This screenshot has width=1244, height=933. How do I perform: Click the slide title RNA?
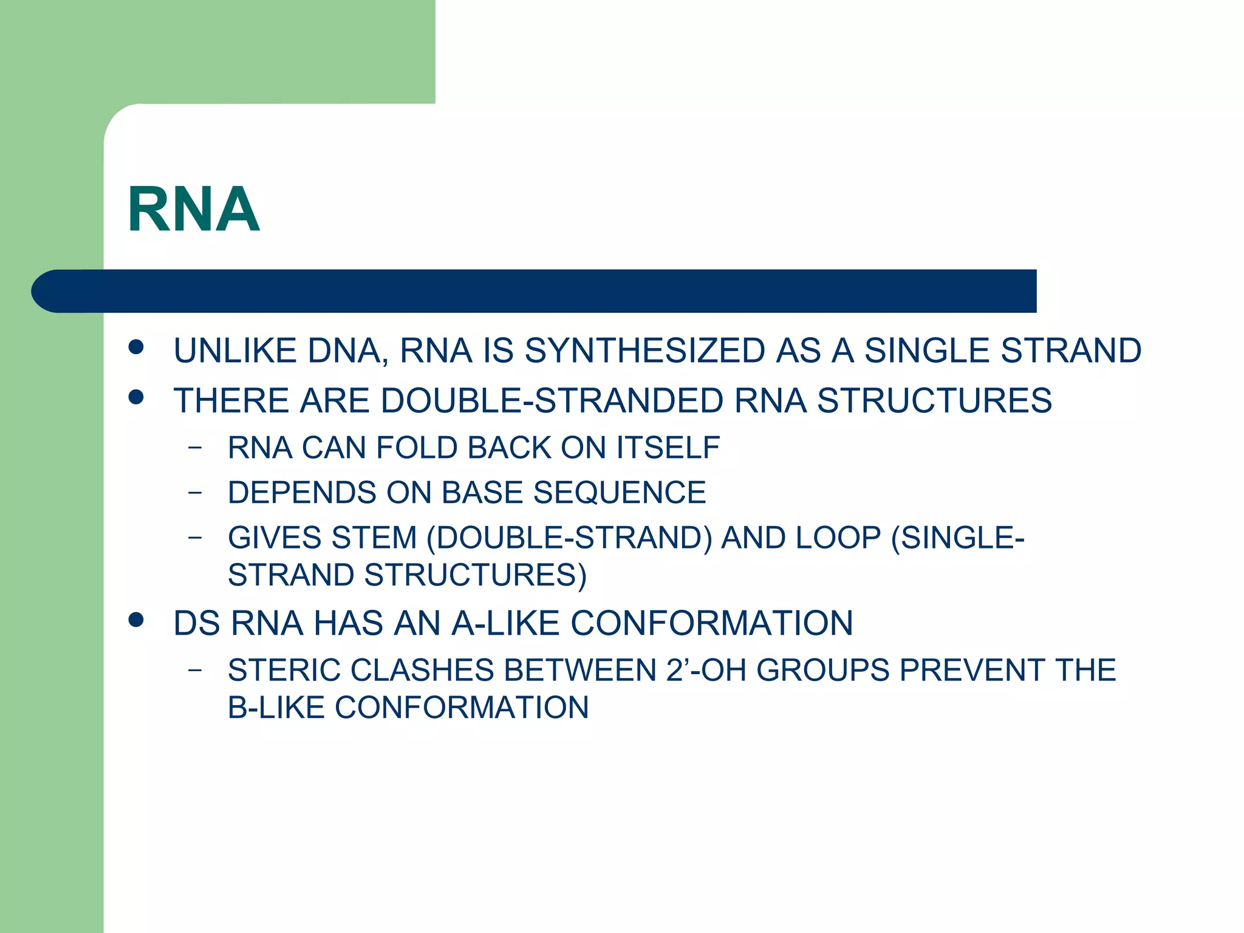194,210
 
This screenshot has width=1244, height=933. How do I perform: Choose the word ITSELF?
668,448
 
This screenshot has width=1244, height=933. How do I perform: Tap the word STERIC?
283,671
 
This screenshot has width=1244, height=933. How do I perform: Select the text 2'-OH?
706,671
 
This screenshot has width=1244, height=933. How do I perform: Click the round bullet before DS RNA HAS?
137,620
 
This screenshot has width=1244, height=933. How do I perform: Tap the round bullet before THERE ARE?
137,397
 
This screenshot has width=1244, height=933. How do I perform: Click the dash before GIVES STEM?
194,537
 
